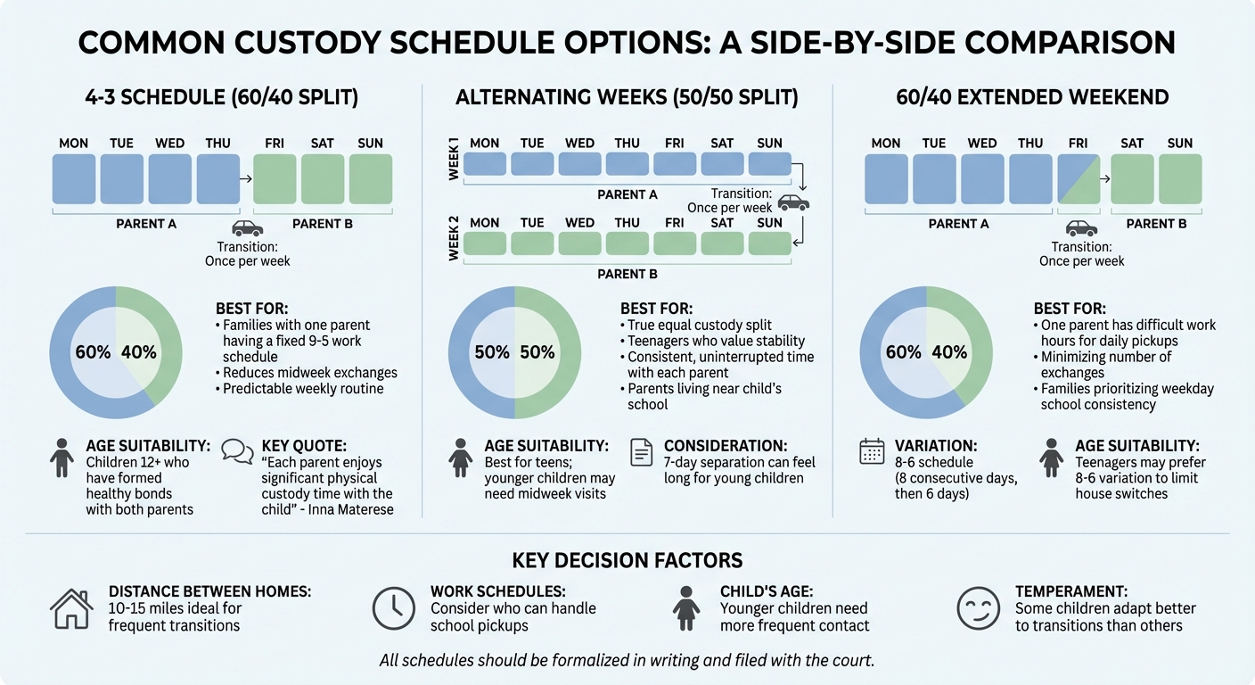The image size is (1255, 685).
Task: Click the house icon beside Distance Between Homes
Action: [71, 609]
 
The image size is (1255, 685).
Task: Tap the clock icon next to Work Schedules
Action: [393, 609]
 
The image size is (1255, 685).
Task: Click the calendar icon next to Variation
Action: [871, 451]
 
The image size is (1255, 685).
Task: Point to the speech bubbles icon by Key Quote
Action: [237, 451]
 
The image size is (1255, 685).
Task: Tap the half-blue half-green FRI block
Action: [1079, 178]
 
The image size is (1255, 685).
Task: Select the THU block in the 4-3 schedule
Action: [217, 178]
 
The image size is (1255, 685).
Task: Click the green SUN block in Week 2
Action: [769, 243]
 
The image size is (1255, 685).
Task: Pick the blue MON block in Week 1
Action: [484, 164]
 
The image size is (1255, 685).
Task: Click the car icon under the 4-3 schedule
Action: [247, 228]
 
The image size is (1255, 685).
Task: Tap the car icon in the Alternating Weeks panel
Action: [793, 202]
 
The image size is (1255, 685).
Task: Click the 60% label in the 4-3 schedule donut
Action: [93, 352]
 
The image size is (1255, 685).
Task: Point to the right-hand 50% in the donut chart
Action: [537, 352]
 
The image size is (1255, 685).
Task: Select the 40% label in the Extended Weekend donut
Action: [949, 352]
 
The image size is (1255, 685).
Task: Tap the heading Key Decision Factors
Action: [627, 560]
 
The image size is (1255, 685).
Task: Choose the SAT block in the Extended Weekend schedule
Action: [1132, 178]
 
